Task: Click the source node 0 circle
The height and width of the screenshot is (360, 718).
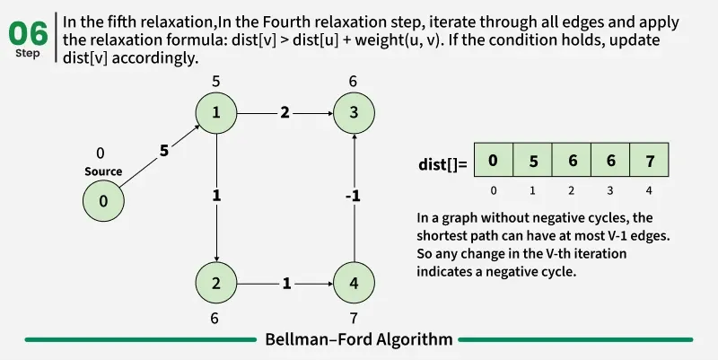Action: click(x=103, y=201)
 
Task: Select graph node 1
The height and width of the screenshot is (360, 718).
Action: click(x=216, y=113)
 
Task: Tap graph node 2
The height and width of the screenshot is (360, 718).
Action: click(x=216, y=284)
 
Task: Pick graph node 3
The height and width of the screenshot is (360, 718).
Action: click(x=354, y=113)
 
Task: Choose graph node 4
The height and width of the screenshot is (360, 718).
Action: click(x=354, y=284)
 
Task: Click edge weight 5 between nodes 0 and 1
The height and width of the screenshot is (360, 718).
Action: click(x=163, y=151)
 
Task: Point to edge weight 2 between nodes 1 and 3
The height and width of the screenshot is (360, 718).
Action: click(x=285, y=113)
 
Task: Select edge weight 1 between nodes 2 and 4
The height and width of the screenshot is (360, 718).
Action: click(x=285, y=284)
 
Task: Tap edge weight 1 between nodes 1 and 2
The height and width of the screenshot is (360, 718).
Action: click(x=216, y=195)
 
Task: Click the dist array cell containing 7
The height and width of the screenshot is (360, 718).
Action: click(x=649, y=162)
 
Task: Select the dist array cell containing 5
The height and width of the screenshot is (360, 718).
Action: click(x=532, y=162)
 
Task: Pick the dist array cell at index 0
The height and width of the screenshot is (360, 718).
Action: click(x=493, y=162)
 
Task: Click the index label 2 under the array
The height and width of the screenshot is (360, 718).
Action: click(x=571, y=191)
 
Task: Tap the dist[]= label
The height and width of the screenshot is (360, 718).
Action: click(x=442, y=164)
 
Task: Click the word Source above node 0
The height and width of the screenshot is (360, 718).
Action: click(x=103, y=171)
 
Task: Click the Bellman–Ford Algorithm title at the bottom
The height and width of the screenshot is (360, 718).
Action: click(x=358, y=339)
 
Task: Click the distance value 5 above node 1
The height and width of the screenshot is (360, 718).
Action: click(x=216, y=82)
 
